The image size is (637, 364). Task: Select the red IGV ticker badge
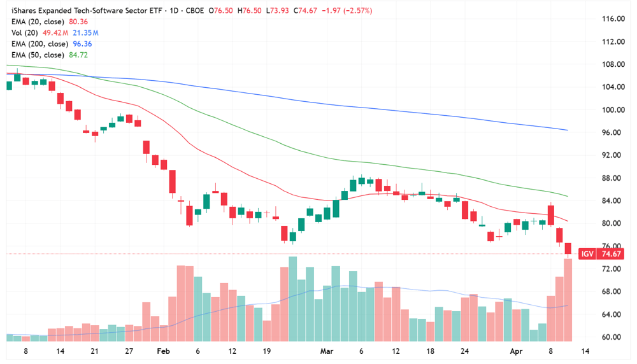(x=587, y=254)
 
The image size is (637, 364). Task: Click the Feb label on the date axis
(x=164, y=351)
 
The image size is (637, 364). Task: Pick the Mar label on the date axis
(x=327, y=351)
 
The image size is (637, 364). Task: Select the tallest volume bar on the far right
(x=568, y=299)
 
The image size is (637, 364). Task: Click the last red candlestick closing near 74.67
(x=568, y=248)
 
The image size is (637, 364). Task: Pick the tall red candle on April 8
(x=551, y=214)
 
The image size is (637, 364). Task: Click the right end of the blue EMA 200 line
(x=567, y=130)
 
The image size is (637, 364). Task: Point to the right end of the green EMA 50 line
(x=567, y=196)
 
